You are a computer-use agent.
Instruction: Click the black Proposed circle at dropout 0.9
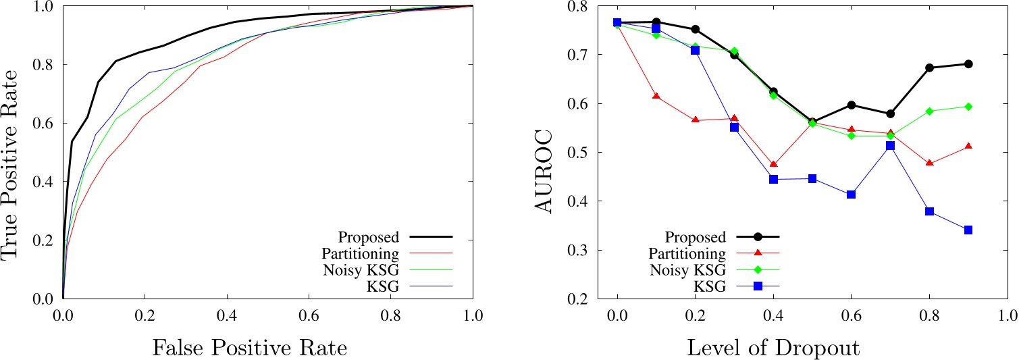click(x=968, y=64)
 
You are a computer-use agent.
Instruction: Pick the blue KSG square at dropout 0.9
click(x=968, y=230)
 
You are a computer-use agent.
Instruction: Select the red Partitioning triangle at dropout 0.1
click(x=656, y=97)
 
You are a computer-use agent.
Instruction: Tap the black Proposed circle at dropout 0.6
click(x=851, y=105)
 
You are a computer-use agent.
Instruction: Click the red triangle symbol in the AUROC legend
click(x=758, y=253)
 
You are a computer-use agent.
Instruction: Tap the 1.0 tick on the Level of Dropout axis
click(x=1007, y=315)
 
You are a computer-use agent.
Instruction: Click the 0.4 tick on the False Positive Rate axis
click(x=227, y=315)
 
